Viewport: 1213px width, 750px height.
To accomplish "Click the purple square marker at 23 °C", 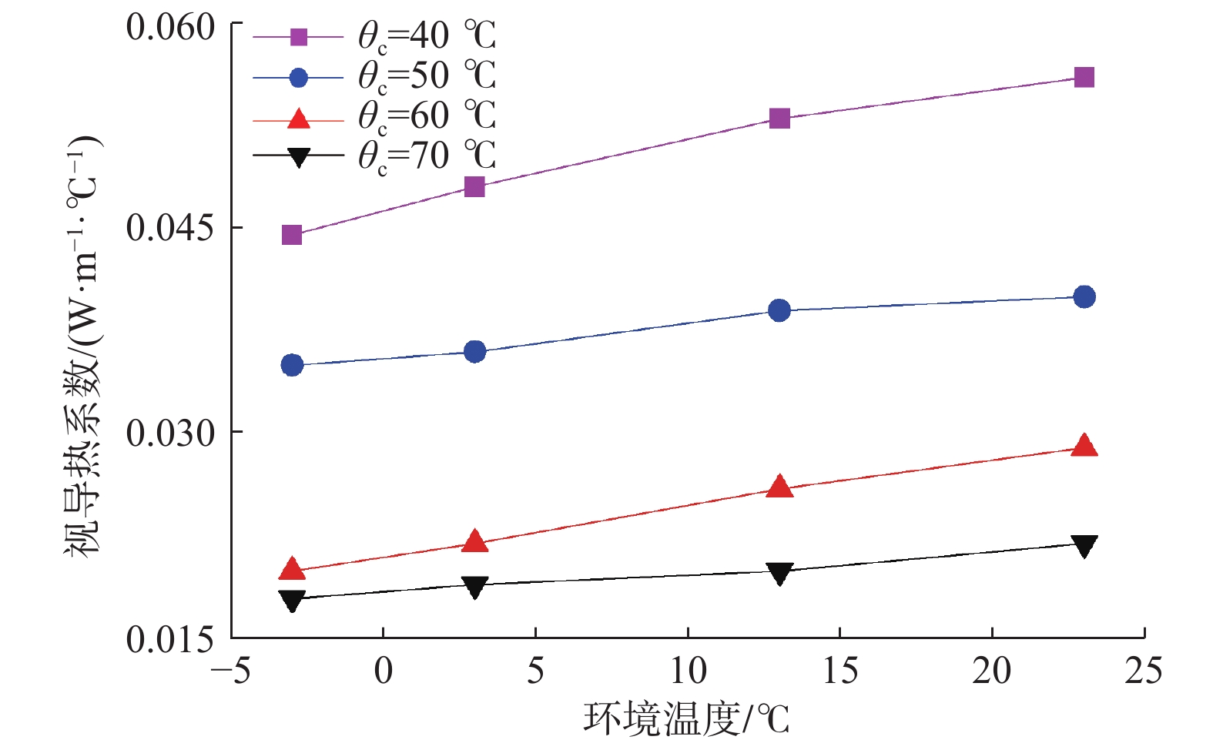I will click(1084, 77).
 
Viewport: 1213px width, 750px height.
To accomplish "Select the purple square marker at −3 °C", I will click(292, 235).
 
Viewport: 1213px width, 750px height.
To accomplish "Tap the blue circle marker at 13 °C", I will click(779, 310).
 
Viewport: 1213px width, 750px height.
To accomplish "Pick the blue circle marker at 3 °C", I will click(475, 352).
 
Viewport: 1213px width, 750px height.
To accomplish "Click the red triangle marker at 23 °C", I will click(1084, 446).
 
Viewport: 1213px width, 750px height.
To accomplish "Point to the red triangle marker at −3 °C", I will click(292, 570).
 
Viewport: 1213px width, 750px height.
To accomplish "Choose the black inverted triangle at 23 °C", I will click(1084, 546).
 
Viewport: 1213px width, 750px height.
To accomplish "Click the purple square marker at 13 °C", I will click(779, 119).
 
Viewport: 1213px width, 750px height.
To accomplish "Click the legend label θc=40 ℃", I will click(426, 36).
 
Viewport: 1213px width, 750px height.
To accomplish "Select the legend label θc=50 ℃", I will click(426, 76).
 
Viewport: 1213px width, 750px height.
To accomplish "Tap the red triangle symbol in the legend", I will click(298, 119).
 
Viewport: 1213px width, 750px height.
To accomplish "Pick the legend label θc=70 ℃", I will click(426, 156).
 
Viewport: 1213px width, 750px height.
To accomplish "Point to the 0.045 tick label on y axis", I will click(170, 228).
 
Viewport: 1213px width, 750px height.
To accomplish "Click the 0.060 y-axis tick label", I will click(170, 28).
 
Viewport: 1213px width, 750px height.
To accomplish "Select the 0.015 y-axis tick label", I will click(170, 639).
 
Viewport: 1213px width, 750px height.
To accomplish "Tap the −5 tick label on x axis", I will click(231, 671).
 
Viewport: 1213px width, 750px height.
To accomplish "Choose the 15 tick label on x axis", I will click(839, 671).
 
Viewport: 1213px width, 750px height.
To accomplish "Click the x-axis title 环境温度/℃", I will click(686, 719).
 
